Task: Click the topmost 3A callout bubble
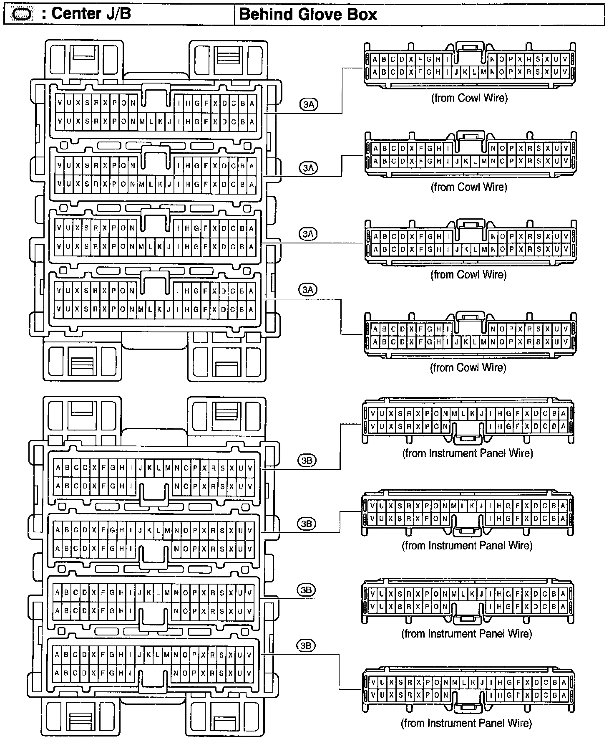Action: click(309, 104)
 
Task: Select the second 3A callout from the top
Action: click(308, 168)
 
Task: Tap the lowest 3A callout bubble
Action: click(308, 289)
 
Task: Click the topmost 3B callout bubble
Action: click(307, 461)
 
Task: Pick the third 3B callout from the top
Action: click(307, 590)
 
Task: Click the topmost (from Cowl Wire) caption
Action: click(469, 98)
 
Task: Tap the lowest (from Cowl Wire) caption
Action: click(468, 367)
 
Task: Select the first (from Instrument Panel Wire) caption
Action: click(468, 453)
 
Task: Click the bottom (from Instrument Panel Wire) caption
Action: click(467, 723)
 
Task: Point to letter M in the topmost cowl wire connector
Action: click(483, 72)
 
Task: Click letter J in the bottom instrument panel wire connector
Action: click(482, 683)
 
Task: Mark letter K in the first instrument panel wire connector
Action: click(472, 414)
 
